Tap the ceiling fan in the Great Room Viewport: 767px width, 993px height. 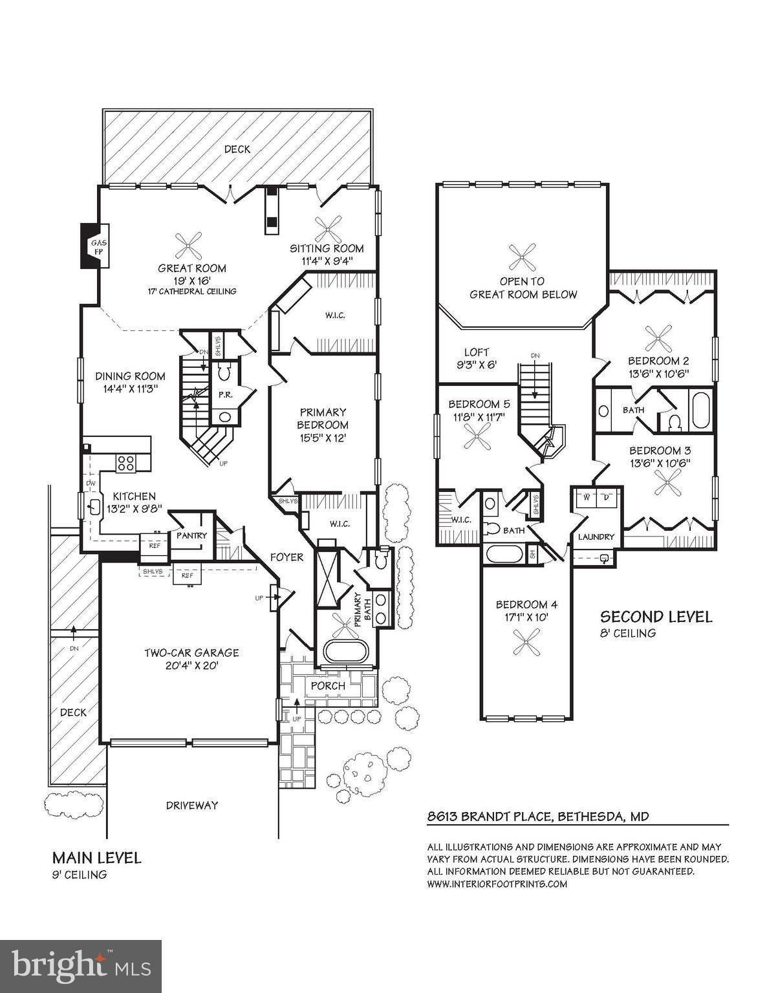pyautogui.click(x=188, y=246)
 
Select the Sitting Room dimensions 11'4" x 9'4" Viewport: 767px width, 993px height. pyautogui.click(x=327, y=261)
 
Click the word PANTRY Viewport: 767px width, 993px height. pyautogui.click(x=191, y=535)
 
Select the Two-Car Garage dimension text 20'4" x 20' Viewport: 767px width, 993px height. pyautogui.click(x=192, y=666)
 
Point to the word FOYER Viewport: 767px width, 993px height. pyautogui.click(x=286, y=557)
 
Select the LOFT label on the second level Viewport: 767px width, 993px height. pyautogui.click(x=477, y=352)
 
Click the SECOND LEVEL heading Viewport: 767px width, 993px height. pyautogui.click(x=656, y=617)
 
